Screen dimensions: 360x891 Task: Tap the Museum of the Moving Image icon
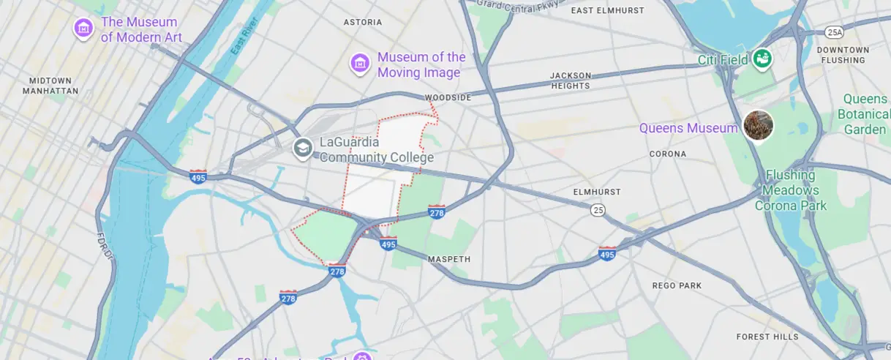358,64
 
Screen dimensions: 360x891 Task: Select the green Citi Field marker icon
762,57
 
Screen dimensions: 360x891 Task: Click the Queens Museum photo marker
758,126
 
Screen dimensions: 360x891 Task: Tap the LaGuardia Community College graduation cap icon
302,149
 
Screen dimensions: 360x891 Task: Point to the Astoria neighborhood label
363,23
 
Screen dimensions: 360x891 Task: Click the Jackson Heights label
570,80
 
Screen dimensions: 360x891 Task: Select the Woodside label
448,97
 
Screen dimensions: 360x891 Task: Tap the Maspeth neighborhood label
449,259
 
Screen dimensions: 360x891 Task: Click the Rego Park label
677,285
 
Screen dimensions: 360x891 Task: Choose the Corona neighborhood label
668,154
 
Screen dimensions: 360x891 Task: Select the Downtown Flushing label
843,55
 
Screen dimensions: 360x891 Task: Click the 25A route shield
834,32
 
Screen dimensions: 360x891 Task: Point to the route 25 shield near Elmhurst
598,210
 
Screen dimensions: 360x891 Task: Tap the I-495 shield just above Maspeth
388,244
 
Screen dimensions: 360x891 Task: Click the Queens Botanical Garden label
865,114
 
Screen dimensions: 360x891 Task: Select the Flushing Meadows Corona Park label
791,190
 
